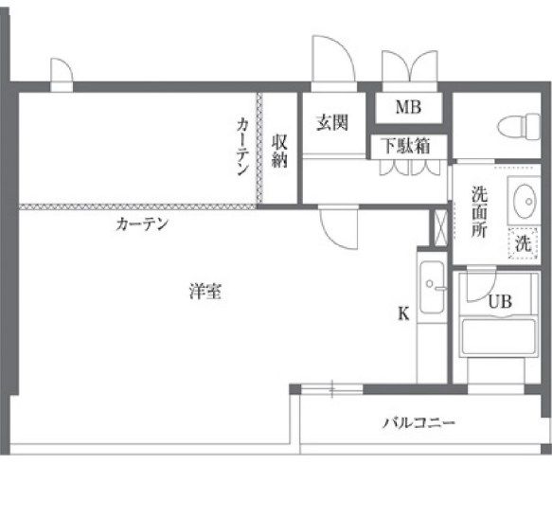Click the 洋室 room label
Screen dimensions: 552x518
point(205,292)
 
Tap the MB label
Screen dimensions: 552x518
point(408,107)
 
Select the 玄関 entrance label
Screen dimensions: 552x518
point(332,123)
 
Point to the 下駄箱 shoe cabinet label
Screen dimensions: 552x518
point(406,146)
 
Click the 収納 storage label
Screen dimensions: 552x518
point(279,151)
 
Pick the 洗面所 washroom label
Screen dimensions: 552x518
point(479,211)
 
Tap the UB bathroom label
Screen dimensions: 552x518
point(500,301)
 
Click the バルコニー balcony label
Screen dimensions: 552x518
point(418,422)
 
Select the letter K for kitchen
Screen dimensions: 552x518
point(403,313)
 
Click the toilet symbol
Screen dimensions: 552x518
point(519,127)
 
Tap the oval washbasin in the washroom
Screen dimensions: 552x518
point(525,201)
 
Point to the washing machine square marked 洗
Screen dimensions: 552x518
point(523,243)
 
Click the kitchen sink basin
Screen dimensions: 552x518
point(432,287)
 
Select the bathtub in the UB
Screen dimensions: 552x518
point(498,337)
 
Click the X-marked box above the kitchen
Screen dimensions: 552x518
point(440,228)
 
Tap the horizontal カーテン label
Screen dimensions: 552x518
point(142,224)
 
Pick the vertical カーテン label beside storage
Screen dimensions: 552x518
point(243,147)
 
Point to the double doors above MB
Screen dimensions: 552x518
point(410,66)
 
